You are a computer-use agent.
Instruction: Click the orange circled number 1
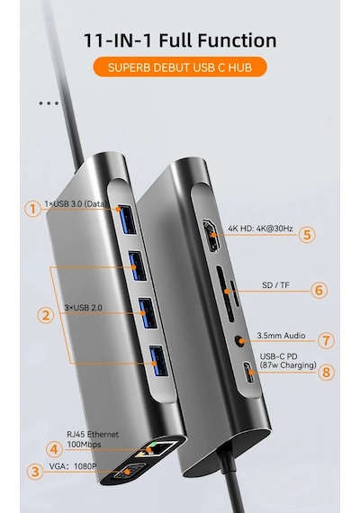coord(32,209)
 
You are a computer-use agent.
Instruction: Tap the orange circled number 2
coord(46,315)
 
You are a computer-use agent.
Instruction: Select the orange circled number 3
coord(35,472)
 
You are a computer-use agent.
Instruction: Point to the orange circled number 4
coord(54,449)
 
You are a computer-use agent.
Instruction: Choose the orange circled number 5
coord(307,235)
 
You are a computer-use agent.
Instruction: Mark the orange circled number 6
coord(319,290)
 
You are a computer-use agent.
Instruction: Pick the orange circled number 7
coord(326,340)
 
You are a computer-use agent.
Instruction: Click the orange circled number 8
coord(327,372)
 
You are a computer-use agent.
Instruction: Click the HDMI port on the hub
coord(211,236)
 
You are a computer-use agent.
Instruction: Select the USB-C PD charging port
coord(249,372)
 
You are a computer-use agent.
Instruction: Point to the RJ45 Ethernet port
coord(157,448)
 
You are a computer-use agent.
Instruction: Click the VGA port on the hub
coord(128,472)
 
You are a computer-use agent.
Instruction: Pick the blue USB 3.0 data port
coord(126,220)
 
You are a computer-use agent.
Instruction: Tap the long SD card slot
coord(225,293)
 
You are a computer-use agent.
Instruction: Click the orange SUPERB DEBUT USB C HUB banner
coord(180,67)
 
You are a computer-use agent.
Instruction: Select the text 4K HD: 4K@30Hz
coord(260,229)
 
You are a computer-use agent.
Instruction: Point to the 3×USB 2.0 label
coord(83,308)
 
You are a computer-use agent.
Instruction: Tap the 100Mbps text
coord(84,445)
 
